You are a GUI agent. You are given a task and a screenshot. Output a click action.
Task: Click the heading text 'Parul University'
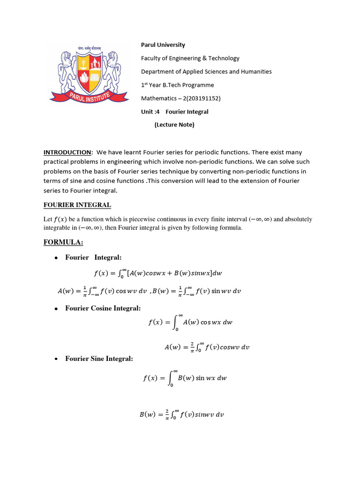coord(163,45)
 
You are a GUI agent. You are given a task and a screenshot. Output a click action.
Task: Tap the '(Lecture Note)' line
coord(174,125)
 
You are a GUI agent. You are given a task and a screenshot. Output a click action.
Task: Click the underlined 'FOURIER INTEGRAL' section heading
coord(77,205)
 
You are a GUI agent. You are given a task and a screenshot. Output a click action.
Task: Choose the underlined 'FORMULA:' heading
coord(63,242)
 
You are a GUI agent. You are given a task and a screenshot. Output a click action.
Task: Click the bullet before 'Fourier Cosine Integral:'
coord(56,308)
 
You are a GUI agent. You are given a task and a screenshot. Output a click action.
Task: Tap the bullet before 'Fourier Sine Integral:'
coord(56,359)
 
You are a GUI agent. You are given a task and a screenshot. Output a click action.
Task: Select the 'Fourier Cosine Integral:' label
coord(103,308)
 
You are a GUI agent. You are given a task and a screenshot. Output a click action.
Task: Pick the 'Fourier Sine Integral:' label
coord(99,359)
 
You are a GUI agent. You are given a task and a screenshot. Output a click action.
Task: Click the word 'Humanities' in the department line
coord(256,72)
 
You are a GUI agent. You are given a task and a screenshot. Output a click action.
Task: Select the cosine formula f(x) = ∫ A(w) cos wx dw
coord(186,322)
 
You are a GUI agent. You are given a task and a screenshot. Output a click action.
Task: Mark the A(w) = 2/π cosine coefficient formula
coord(207,347)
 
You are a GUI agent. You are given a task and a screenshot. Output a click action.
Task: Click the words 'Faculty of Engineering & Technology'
coord(190,58)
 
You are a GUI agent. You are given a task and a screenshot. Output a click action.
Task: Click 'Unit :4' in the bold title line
coord(151,112)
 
